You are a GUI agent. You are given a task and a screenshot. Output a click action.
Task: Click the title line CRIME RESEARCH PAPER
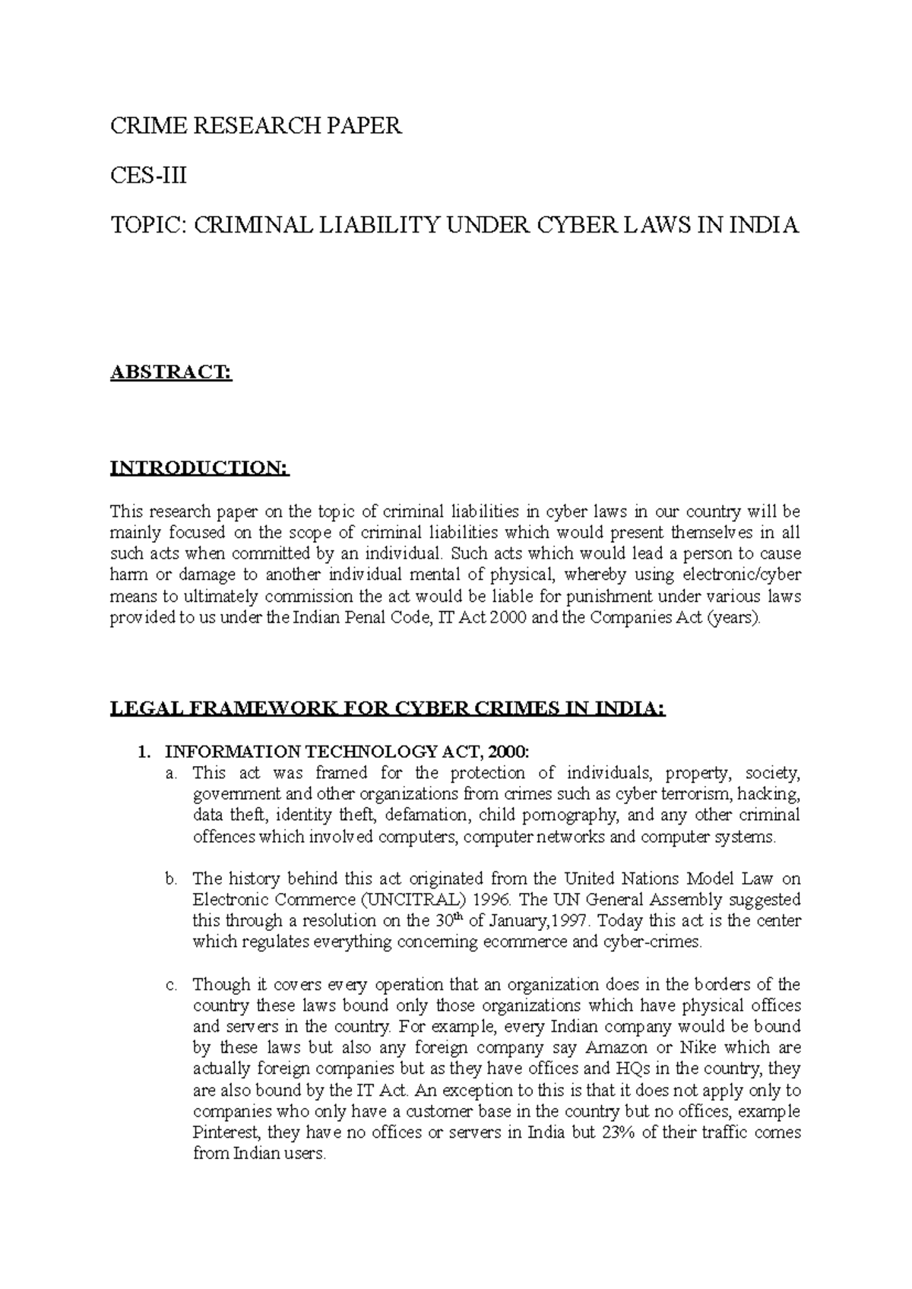tap(255, 126)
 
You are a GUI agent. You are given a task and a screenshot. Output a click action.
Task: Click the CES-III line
tap(148, 176)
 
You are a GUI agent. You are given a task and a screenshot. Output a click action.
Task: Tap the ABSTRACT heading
tap(170, 372)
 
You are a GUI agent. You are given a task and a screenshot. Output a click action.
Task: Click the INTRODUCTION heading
tap(201, 467)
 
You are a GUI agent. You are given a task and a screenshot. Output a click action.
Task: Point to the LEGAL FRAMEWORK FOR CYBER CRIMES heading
tap(388, 709)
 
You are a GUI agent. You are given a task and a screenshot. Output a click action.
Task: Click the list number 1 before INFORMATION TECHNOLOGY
tap(141, 752)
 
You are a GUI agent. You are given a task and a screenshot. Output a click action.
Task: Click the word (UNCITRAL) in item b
tap(411, 901)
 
